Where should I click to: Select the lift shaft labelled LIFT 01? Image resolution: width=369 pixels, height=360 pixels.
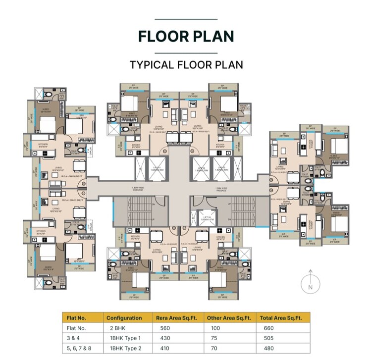[x=158, y=168]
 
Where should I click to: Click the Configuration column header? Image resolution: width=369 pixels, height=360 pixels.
[x=124, y=318]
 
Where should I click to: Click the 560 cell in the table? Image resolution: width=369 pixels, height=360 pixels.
[x=165, y=328]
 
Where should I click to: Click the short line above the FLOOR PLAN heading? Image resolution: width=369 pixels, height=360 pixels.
[x=186, y=19]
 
